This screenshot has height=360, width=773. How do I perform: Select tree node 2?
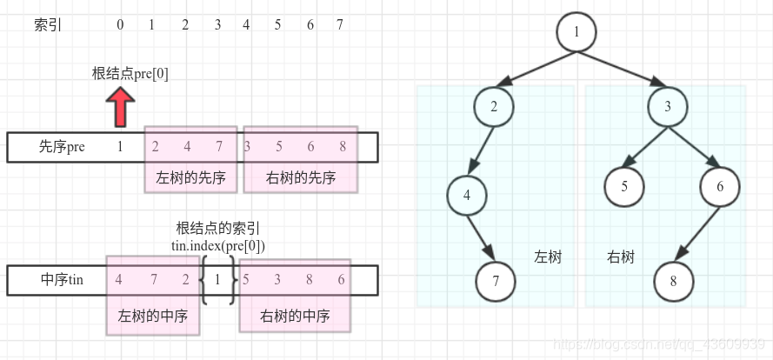click(494, 107)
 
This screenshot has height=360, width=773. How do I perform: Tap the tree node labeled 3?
click(667, 107)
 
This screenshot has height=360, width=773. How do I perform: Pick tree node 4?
click(467, 195)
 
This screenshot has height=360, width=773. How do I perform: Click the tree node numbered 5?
click(625, 186)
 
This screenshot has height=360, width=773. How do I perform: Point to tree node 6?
click(719, 186)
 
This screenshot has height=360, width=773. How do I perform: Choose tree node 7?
click(496, 283)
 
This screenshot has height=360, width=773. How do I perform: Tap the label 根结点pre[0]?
click(130, 74)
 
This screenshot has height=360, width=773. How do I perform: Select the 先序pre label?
click(62, 147)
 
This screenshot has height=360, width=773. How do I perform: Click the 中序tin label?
click(62, 280)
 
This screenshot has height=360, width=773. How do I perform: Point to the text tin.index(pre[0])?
click(217, 246)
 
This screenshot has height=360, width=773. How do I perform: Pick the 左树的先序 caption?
click(190, 178)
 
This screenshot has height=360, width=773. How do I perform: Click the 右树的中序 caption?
click(295, 317)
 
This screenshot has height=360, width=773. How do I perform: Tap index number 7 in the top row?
click(339, 24)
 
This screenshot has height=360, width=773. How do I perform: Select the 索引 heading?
click(48, 24)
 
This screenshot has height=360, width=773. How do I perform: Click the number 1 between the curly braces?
click(218, 280)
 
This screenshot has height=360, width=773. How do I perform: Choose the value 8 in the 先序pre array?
click(343, 147)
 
